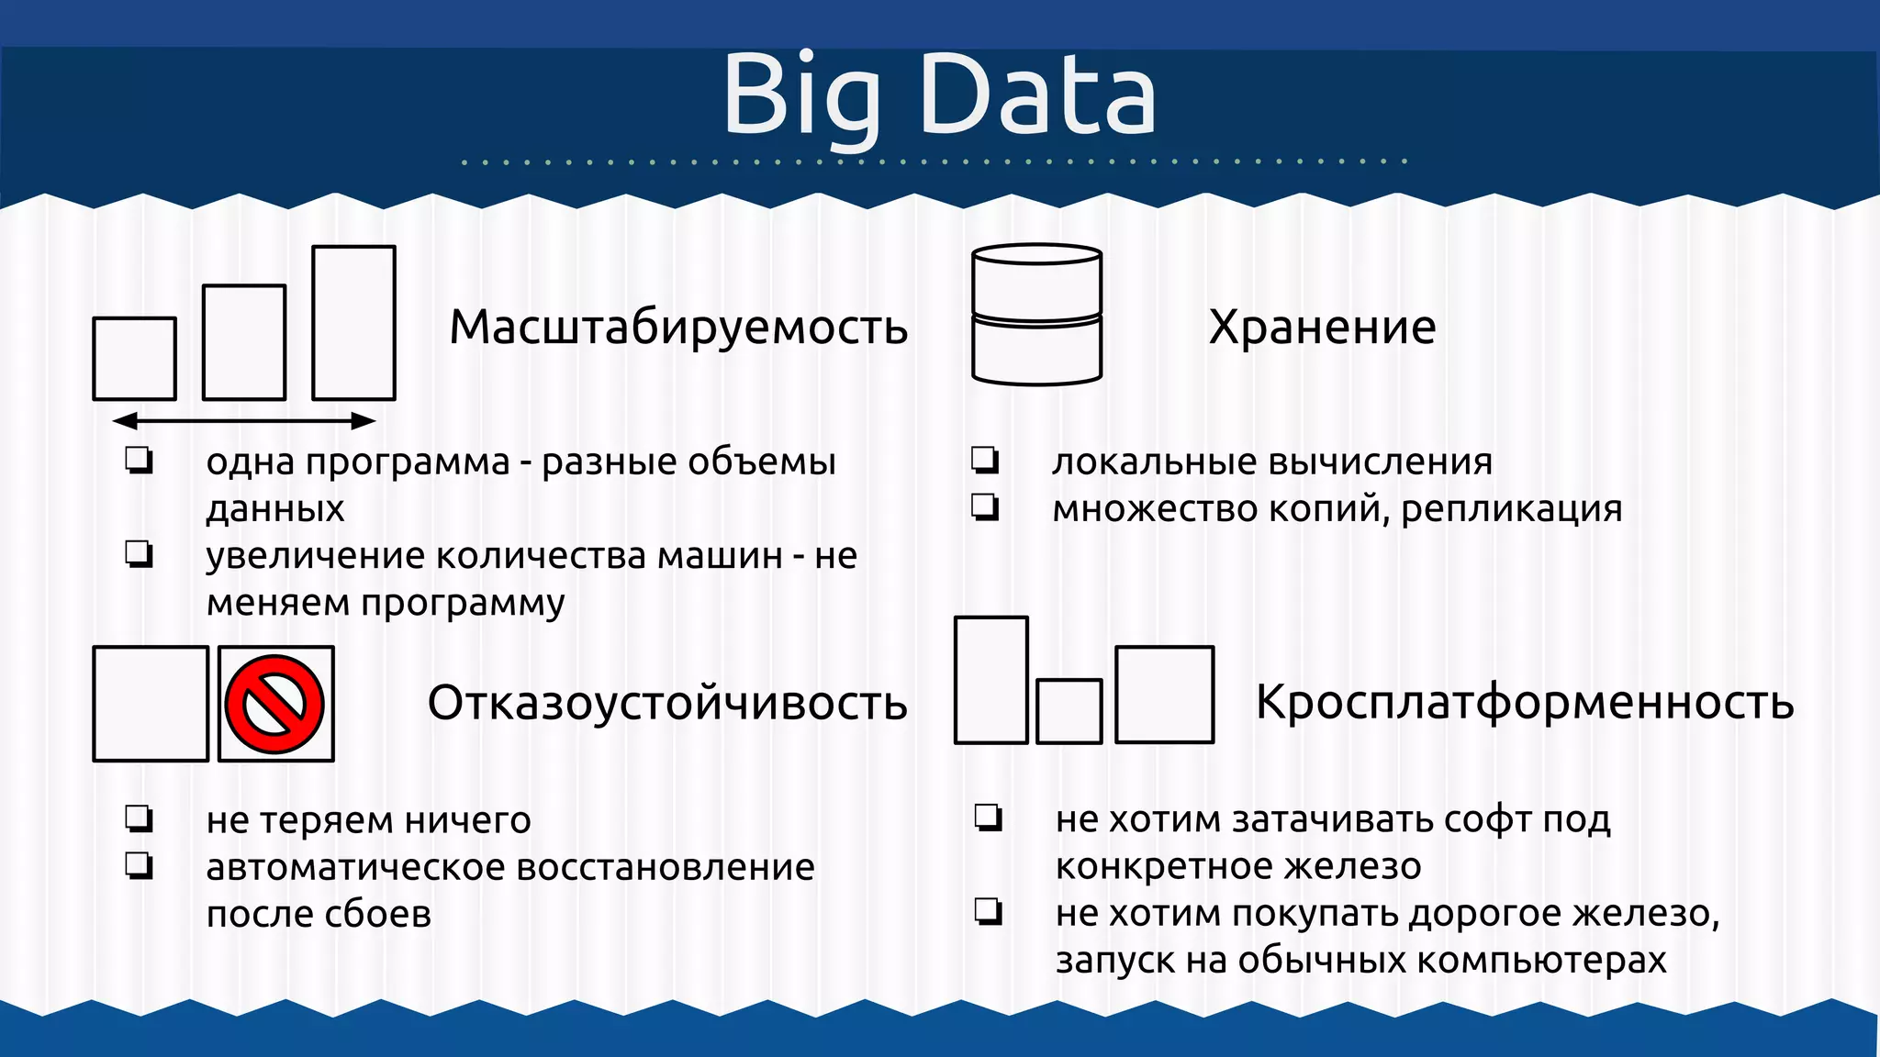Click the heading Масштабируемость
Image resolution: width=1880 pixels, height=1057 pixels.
coord(678,327)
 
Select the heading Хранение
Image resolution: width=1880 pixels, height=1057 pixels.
coord(1322,327)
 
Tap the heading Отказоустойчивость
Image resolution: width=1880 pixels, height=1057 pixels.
coord(667,703)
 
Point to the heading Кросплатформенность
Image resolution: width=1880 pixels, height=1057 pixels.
coord(1524,703)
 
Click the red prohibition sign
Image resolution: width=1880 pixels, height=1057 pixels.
coord(275,704)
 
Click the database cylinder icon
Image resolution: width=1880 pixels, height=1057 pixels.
coord(1036,314)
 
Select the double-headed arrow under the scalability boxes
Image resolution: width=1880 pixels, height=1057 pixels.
coord(244,421)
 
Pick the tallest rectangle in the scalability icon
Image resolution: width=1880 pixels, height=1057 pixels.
coord(353,323)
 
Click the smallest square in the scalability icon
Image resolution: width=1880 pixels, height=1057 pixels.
coord(135,359)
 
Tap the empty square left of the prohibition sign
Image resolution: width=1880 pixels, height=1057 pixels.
coord(151,704)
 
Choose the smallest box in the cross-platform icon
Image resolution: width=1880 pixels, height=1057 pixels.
coord(1069,711)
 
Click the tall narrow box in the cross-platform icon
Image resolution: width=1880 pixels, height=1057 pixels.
coord(990,680)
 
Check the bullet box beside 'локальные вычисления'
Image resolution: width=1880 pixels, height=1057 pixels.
coord(985,460)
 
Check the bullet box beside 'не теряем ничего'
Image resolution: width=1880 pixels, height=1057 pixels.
coord(140,818)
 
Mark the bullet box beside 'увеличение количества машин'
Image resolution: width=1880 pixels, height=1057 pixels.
coord(140,554)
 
